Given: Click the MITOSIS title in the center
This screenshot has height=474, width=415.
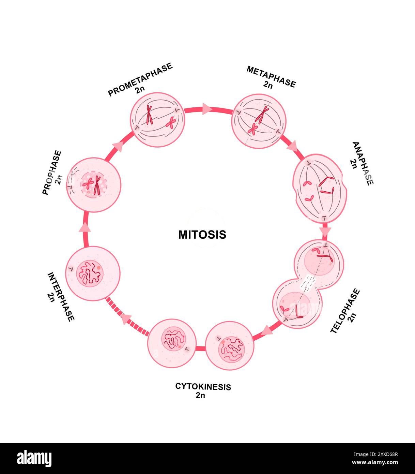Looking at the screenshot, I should point(202,235).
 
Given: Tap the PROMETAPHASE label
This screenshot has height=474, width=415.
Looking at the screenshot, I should point(140,79).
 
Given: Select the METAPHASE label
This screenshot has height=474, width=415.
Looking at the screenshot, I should point(271,77).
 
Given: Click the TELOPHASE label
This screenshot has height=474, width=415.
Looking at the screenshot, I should point(345,311).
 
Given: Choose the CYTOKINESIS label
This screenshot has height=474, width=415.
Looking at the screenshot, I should point(203,387).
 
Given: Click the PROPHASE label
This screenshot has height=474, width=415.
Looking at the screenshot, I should point(52,173).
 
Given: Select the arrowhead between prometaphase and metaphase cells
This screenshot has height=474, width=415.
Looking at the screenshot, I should point(207,109).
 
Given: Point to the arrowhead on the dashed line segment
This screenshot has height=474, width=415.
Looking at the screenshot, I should point(126,319).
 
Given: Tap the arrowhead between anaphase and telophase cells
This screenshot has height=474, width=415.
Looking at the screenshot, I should point(326,231).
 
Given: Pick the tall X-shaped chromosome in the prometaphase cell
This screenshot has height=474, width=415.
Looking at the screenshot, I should point(149,115).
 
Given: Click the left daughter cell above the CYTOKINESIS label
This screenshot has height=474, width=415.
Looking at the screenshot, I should point(172,343).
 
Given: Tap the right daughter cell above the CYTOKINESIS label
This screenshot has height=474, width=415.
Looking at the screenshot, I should point(230,346).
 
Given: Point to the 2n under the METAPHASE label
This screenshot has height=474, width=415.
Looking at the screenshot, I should point(268,85).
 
